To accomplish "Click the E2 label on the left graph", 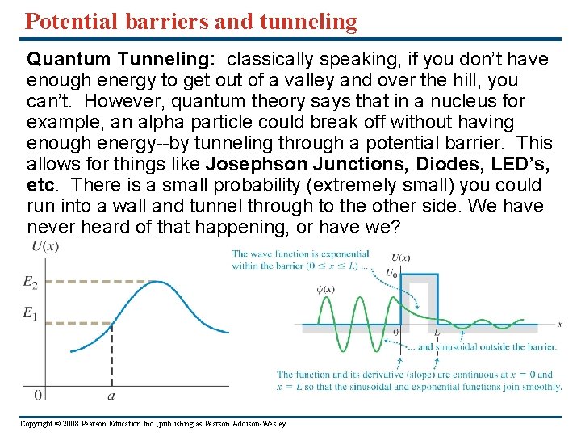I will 31,283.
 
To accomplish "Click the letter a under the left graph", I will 111,396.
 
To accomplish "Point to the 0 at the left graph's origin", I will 38,395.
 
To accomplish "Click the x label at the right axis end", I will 559,325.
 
